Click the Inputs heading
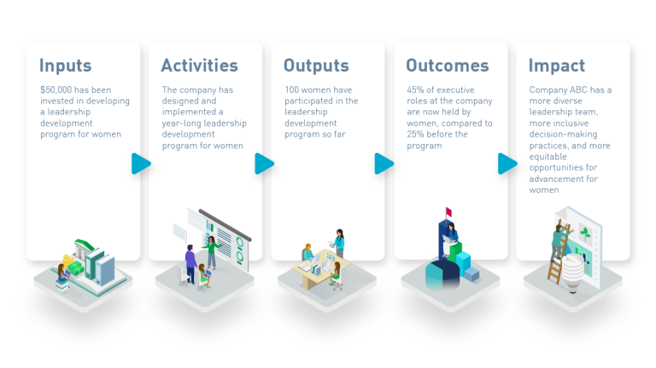click(67, 66)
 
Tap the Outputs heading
click(316, 66)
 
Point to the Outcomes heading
click(447, 66)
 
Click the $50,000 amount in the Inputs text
click(56, 90)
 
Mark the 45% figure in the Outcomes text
click(416, 90)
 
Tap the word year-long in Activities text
click(182, 123)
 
